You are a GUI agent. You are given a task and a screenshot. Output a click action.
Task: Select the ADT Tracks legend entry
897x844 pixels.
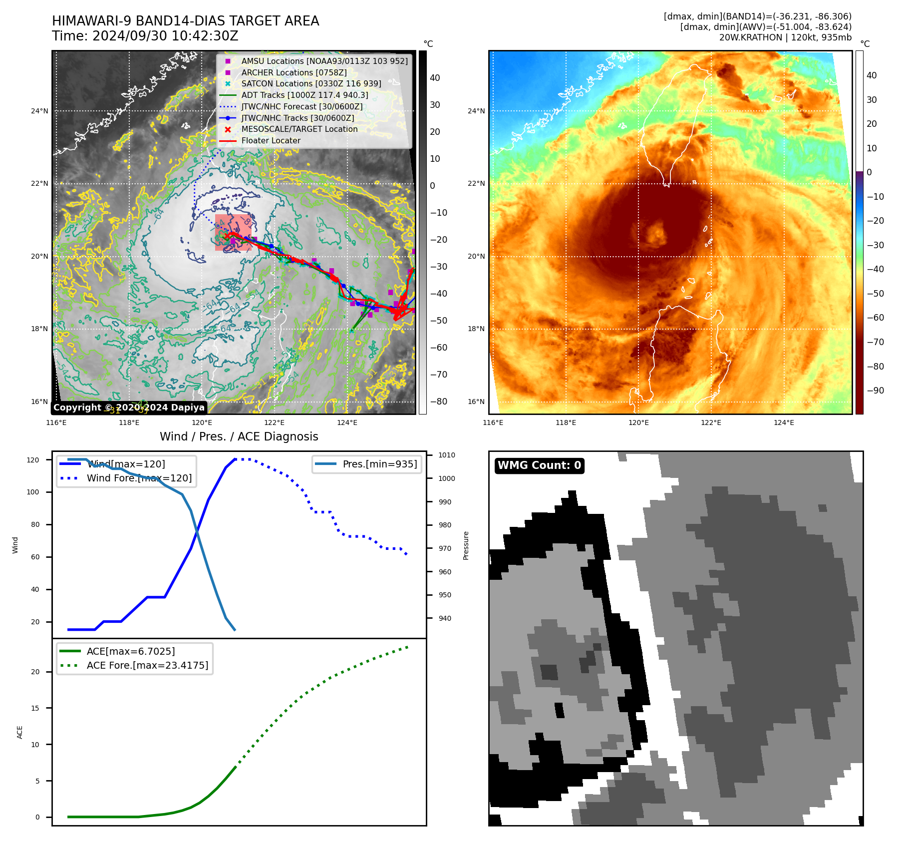pyautogui.click(x=304, y=95)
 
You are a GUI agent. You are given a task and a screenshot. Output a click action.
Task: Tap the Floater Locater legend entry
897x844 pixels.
pyautogui.click(x=271, y=141)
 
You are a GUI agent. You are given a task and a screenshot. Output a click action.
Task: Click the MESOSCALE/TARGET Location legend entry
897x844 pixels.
pyautogui.click(x=299, y=129)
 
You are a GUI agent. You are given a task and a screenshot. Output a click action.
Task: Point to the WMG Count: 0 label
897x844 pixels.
pyautogui.click(x=539, y=465)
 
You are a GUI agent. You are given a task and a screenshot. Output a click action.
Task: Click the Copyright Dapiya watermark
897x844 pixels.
pyautogui.click(x=129, y=408)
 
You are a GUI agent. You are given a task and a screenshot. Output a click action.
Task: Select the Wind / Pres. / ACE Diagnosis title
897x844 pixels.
pyautogui.click(x=239, y=436)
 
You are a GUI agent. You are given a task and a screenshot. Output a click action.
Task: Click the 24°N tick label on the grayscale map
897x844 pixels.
pyautogui.click(x=39, y=111)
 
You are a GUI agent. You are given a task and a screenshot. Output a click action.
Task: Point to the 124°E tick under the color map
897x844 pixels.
pyautogui.click(x=784, y=422)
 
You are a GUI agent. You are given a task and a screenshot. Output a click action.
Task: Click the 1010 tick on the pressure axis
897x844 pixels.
pyautogui.click(x=447, y=455)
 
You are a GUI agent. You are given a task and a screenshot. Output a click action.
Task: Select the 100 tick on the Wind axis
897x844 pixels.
pyautogui.click(x=32, y=492)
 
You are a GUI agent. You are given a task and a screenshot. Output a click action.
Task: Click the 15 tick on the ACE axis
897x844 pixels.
pyautogui.click(x=35, y=708)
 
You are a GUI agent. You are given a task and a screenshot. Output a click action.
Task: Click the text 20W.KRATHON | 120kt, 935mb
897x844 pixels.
pyautogui.click(x=785, y=37)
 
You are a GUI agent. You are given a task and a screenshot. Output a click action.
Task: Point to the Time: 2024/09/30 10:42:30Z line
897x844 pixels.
pyautogui.click(x=145, y=36)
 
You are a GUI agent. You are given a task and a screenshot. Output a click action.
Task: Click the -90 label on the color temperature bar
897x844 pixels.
pyautogui.click(x=875, y=391)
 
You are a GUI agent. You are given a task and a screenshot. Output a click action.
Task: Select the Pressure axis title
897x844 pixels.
pyautogui.click(x=466, y=545)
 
